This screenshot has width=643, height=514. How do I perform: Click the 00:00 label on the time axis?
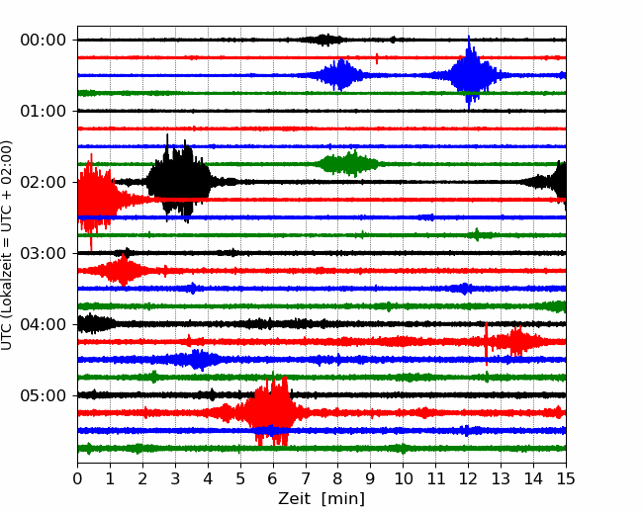pos(44,41)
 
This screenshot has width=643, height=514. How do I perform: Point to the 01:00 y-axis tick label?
pos(44,111)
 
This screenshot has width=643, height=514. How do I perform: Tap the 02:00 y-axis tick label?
pos(44,182)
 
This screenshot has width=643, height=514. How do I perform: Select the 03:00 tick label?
pos(44,253)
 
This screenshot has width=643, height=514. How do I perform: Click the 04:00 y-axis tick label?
pos(44,324)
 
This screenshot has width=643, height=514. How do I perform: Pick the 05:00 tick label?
pos(44,395)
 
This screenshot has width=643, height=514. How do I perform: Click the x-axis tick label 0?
pos(77,478)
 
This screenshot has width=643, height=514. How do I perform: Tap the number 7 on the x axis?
pos(306,478)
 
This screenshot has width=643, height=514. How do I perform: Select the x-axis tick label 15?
pos(566,478)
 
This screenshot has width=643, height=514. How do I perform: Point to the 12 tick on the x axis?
pos(468,478)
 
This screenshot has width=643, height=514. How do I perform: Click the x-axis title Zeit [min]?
pos(321,499)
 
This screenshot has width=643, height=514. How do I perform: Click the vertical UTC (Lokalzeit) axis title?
pos(7,245)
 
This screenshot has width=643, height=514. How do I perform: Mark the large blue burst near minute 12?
pos(470,74)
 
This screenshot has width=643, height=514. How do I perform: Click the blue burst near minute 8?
pos(339,75)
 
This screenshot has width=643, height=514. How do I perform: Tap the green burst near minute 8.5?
pos(349,163)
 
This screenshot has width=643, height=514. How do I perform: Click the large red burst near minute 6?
pos(271,411)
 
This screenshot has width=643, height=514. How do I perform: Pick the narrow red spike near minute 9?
pos(377,58)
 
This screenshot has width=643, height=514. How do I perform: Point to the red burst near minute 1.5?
pos(123,270)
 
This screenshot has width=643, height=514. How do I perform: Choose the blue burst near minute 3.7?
pos(199,360)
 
